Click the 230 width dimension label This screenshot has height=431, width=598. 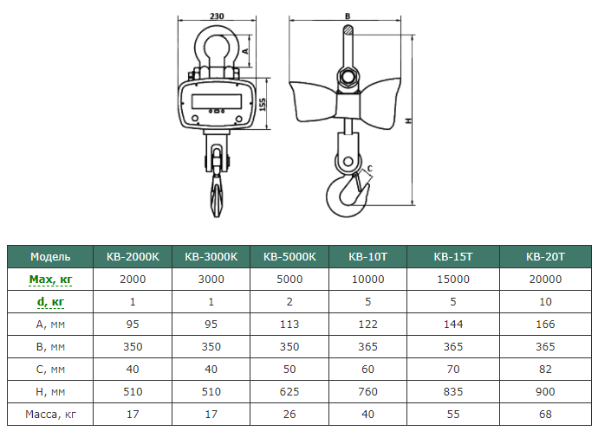click(217, 16)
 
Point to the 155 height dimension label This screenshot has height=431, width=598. click(263, 105)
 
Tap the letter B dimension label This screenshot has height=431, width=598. click(348, 16)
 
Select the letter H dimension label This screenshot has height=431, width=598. click(409, 120)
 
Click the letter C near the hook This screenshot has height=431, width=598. click(369, 168)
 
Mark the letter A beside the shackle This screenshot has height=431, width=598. click(245, 51)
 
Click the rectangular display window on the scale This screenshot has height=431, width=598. click(217, 101)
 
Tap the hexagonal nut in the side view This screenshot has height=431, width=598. click(347, 77)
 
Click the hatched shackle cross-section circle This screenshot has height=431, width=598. click(348, 29)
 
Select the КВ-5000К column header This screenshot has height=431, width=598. click(289, 257)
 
